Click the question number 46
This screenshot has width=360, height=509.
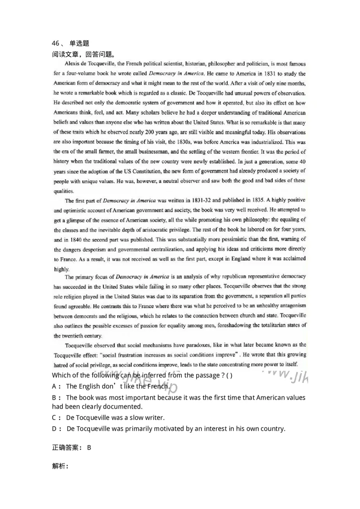coord(56,44)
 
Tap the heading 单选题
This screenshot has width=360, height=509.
coord(79,44)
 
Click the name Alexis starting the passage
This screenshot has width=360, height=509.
coord(74,64)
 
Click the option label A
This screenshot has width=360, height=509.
coord(55,386)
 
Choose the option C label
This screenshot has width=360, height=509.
coord(55,418)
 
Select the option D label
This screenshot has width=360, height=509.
coord(55,429)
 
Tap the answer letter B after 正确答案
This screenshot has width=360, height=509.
coord(89,447)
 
